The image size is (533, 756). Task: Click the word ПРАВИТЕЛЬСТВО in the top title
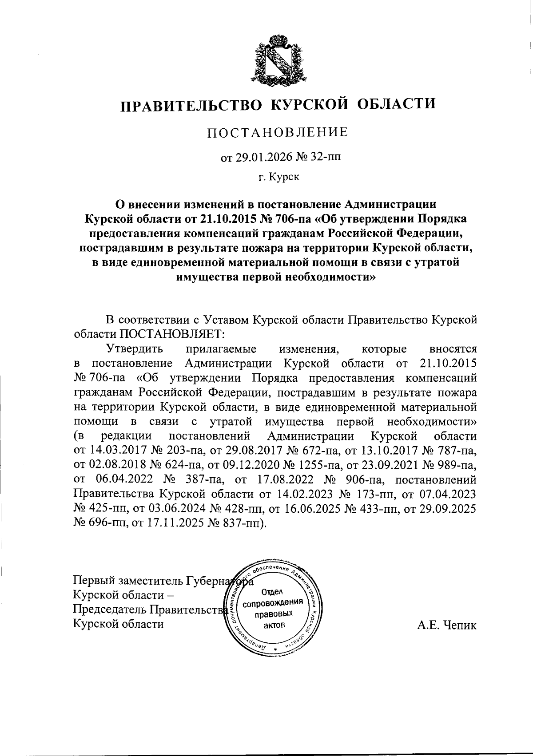point(191,105)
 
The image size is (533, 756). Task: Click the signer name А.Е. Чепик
point(446,625)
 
